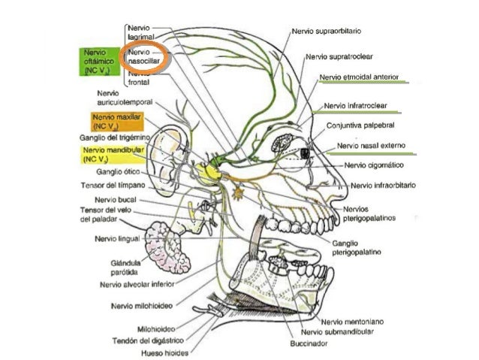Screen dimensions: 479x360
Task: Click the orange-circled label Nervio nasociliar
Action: (143, 56)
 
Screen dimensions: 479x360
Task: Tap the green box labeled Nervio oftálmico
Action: (99, 62)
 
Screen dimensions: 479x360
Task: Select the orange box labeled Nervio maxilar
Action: (117, 122)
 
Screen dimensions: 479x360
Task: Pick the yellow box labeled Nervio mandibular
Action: (113, 155)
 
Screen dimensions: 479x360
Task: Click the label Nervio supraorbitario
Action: (327, 32)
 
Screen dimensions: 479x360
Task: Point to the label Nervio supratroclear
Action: (339, 56)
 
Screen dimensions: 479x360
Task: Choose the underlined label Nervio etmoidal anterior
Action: (359, 77)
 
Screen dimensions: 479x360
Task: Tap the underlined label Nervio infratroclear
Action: (355, 106)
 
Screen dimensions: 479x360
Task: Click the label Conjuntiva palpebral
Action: (360, 126)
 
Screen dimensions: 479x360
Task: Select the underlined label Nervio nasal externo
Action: (371, 146)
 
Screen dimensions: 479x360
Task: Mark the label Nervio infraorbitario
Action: (383, 186)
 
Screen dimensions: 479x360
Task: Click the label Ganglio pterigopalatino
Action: (357, 248)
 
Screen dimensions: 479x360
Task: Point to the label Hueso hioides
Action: (164, 353)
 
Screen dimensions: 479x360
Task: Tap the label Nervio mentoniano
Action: (352, 322)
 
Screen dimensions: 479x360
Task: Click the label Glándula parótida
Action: (125, 268)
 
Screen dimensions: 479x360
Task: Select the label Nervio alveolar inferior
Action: (137, 284)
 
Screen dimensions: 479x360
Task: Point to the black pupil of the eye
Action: (305, 153)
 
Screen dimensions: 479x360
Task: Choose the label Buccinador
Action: (309, 343)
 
